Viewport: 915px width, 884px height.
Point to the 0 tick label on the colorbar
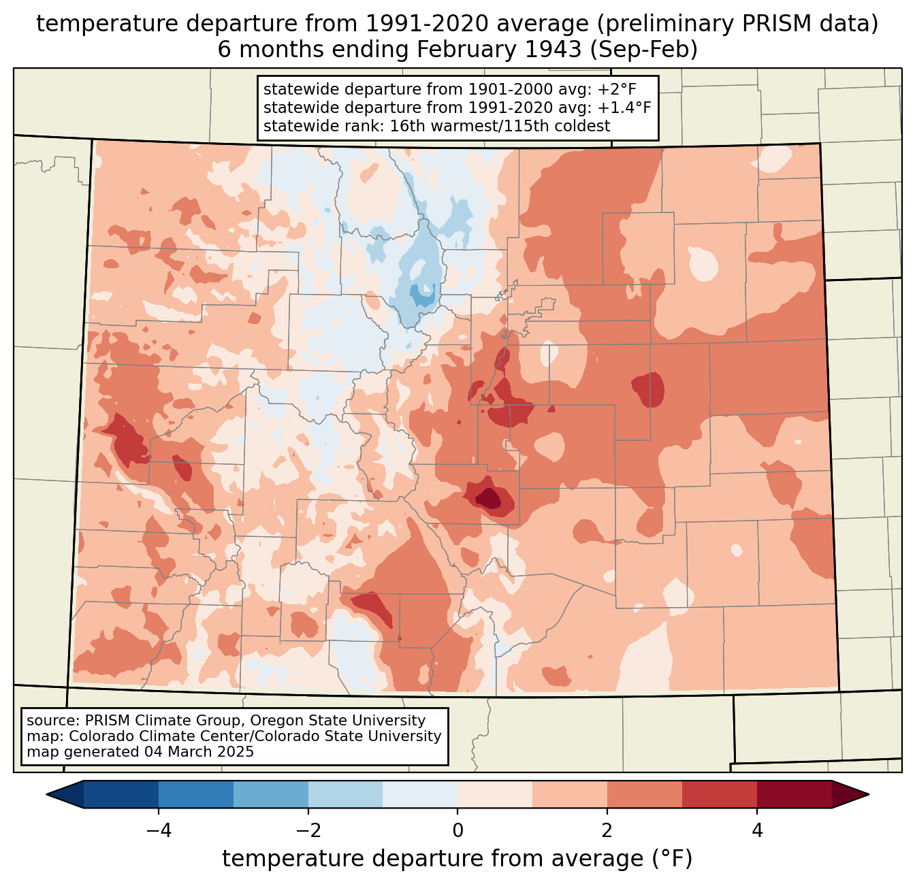point(457,830)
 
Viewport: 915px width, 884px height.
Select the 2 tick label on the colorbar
point(607,830)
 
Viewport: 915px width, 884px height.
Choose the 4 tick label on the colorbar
point(757,830)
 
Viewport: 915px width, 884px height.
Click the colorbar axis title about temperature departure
point(457,859)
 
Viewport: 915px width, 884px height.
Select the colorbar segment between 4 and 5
point(794,794)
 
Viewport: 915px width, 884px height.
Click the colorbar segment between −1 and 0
point(420,794)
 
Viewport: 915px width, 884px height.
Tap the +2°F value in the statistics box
point(617,90)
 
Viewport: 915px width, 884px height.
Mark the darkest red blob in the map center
point(489,499)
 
